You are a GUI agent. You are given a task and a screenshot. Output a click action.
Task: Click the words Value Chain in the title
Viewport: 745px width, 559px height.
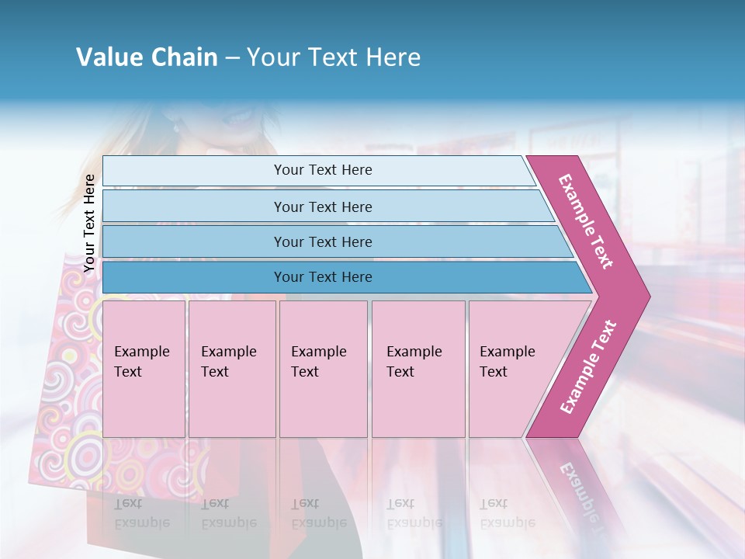pyautogui.click(x=147, y=57)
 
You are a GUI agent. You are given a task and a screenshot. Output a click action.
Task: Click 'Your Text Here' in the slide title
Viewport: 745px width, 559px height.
pyautogui.click(x=334, y=57)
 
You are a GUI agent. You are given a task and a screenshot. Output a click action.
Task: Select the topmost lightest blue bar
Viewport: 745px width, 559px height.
pyautogui.click(x=318, y=170)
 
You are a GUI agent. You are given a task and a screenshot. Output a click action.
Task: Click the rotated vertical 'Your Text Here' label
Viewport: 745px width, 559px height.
pyautogui.click(x=90, y=223)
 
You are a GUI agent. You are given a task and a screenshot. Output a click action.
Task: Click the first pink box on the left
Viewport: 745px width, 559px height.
pyautogui.click(x=144, y=369)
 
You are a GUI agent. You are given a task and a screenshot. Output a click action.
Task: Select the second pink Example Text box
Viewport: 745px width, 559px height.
pyautogui.click(x=231, y=369)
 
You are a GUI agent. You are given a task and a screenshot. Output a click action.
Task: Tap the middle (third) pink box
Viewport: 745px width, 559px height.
pyautogui.click(x=323, y=369)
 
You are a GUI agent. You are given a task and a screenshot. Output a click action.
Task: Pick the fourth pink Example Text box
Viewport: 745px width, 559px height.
pyautogui.click(x=418, y=369)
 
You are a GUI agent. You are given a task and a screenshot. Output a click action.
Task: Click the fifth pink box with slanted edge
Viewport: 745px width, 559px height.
pyautogui.click(x=512, y=369)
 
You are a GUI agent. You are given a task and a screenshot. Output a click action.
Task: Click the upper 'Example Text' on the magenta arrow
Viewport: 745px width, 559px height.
pyautogui.click(x=586, y=221)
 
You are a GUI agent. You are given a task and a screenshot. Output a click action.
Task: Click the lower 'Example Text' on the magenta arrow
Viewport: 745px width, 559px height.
pyautogui.click(x=588, y=366)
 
